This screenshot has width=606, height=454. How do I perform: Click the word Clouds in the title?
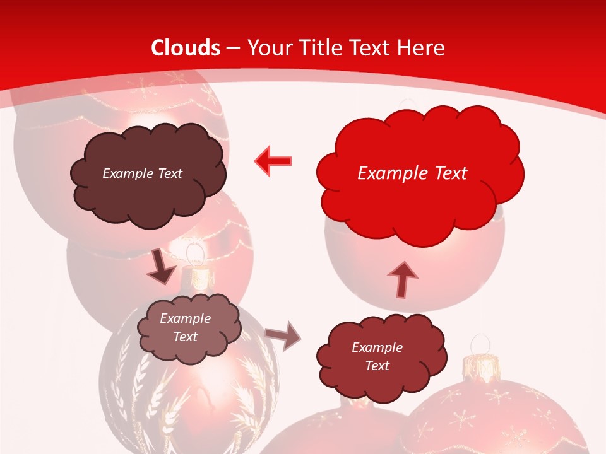186,48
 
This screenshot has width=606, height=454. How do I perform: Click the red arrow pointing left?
273,161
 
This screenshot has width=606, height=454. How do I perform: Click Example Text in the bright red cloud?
412,173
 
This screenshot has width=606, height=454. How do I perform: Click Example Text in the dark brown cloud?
142,173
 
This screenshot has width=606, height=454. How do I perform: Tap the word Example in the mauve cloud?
185,318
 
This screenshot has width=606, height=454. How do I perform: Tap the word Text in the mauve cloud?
185,337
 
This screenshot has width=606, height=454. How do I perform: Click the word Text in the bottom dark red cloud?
377,366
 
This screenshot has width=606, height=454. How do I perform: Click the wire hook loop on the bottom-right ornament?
483,344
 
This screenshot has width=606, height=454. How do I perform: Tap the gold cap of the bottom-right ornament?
483,366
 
